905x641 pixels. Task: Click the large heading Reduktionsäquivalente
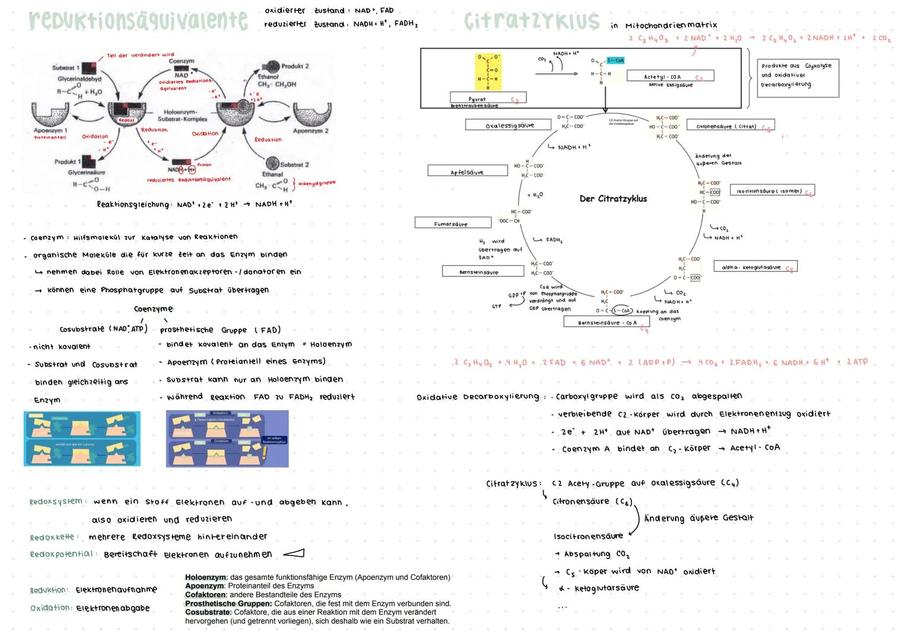(x=138, y=21)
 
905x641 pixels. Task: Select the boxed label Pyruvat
(x=488, y=99)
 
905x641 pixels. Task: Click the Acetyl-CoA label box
(x=670, y=77)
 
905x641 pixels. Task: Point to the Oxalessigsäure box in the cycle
(x=509, y=125)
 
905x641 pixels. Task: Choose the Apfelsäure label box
(x=467, y=171)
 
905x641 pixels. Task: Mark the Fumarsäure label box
(x=453, y=224)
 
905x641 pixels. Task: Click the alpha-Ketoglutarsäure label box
(x=754, y=267)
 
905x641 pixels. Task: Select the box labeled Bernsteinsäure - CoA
(x=606, y=322)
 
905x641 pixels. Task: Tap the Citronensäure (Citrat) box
(x=730, y=126)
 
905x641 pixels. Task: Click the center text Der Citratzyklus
(x=613, y=199)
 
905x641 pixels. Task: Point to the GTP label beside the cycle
(x=497, y=306)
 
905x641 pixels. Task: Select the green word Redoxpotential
(x=61, y=554)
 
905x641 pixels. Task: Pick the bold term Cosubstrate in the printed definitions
(x=208, y=612)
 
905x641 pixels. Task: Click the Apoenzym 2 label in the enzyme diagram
(x=311, y=131)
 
